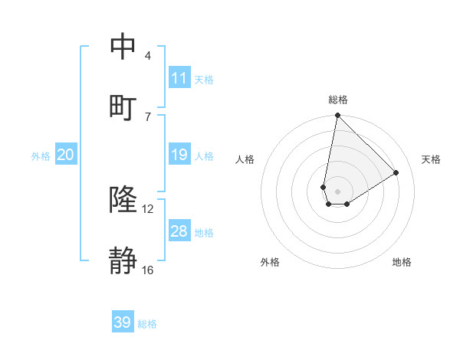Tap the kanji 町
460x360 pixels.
coord(123,106)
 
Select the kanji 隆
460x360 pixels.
coord(123,200)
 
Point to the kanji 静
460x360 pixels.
coord(123,260)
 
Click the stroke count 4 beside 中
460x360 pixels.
coord(148,56)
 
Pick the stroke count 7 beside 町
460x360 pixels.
coord(148,116)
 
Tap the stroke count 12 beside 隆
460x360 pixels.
coord(148,209)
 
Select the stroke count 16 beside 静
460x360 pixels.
coord(148,270)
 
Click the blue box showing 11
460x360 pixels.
coord(179,78)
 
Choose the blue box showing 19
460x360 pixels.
coord(179,155)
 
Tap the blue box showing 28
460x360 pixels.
coord(179,231)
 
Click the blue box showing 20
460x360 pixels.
coord(66,155)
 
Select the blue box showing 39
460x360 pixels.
coord(123,322)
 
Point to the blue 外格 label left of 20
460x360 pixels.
coord(41,156)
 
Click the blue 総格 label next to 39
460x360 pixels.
coord(147,324)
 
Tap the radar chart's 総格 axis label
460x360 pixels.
coord(337,100)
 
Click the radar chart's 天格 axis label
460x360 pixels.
coord(431,159)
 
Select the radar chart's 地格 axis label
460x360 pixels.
coord(402,262)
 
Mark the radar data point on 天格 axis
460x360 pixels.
coord(396,173)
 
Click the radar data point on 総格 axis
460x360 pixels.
coord(337,116)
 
